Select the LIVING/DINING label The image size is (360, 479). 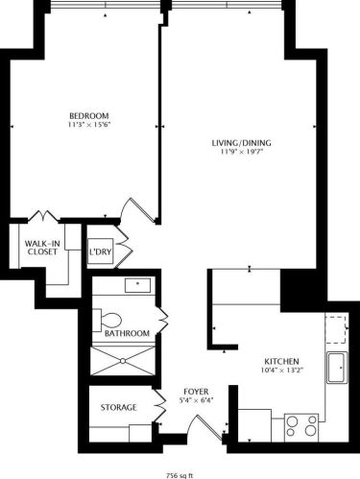(x=241, y=144)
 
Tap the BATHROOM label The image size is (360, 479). (x=128, y=333)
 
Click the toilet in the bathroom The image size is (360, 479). (x=108, y=319)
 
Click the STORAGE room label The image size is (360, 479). (x=118, y=408)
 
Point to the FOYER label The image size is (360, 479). (x=196, y=393)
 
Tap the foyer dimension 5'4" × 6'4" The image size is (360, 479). (x=196, y=402)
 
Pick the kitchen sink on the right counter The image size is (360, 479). (x=336, y=369)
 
